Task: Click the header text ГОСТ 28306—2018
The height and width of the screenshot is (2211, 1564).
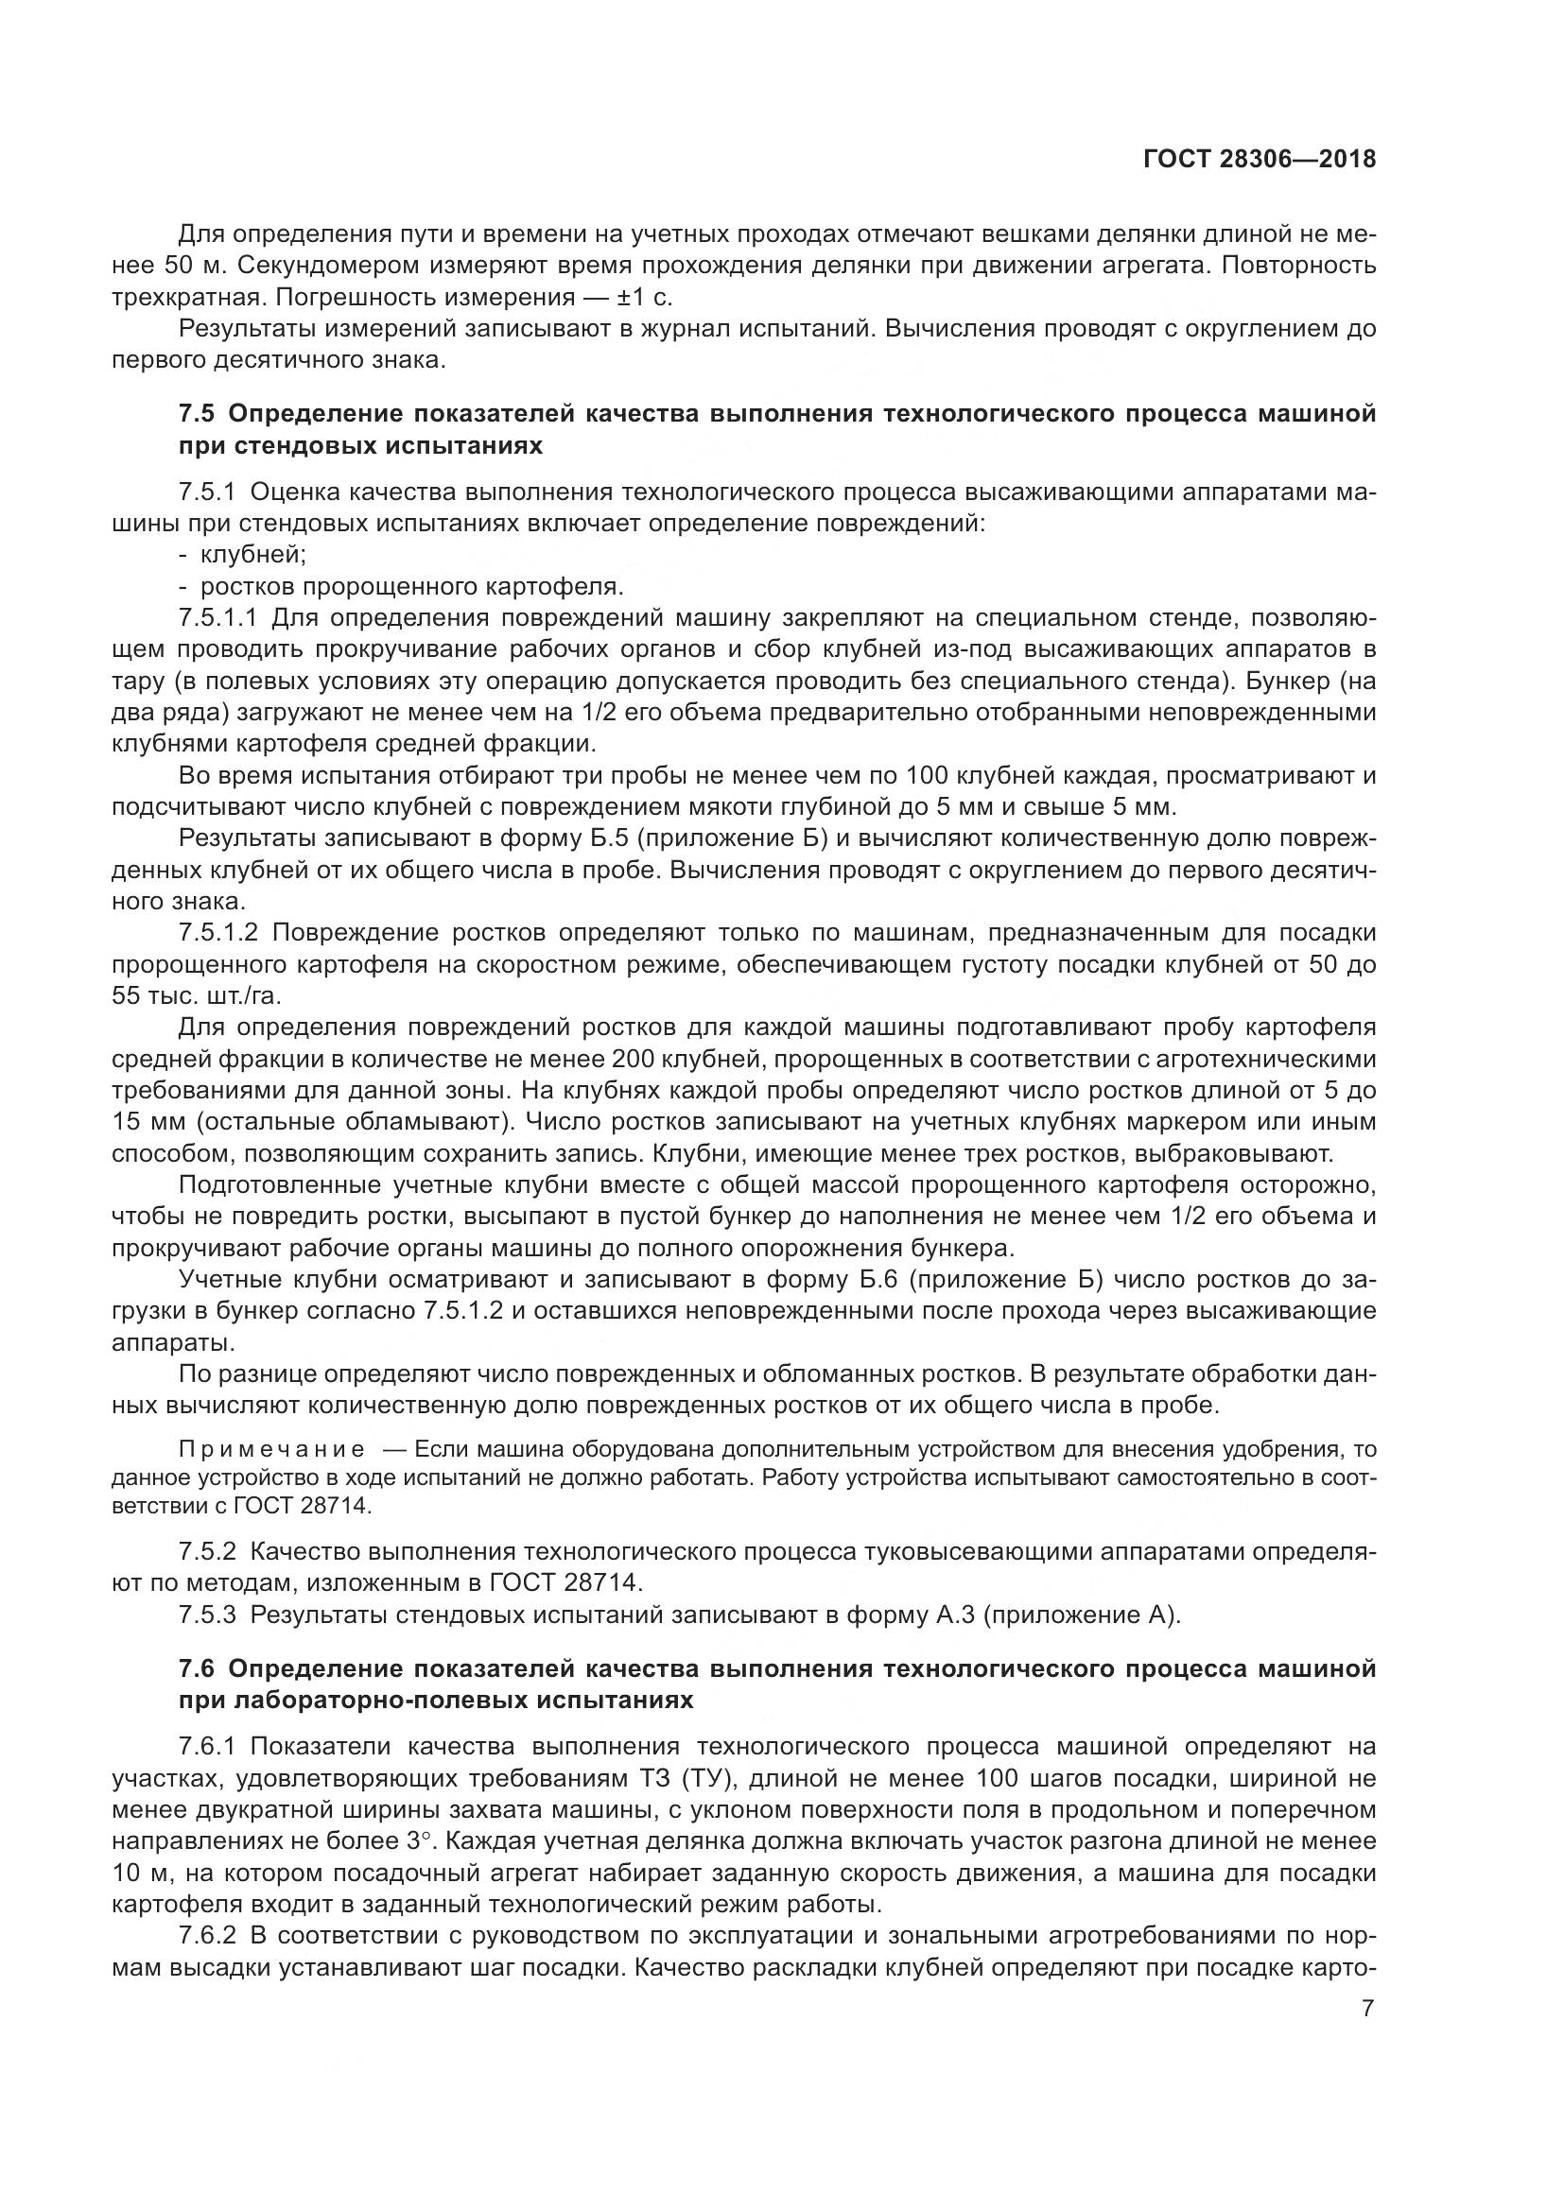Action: point(1259,160)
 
